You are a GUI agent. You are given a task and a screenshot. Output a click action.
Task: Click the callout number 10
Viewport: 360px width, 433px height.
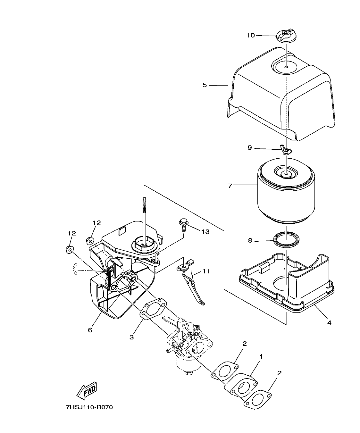(x=251, y=35)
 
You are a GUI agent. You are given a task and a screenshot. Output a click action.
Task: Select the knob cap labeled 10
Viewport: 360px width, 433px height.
(x=285, y=36)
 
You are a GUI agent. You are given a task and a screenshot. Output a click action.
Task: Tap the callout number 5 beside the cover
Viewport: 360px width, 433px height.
(x=205, y=85)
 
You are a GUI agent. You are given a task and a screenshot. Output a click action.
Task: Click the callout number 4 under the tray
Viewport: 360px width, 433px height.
(x=329, y=322)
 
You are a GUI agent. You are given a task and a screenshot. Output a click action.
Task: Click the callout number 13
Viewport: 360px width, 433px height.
(x=205, y=231)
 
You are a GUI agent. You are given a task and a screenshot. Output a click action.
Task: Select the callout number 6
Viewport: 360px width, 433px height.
(x=90, y=330)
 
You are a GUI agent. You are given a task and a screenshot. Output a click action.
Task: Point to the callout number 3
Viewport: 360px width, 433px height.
(x=131, y=337)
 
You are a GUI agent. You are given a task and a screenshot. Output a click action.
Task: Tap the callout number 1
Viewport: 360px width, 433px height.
(x=261, y=356)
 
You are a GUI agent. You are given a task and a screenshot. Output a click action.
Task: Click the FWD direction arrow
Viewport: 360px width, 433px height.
(x=87, y=391)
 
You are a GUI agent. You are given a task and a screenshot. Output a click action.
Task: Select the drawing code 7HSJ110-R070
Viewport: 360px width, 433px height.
(x=89, y=407)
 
